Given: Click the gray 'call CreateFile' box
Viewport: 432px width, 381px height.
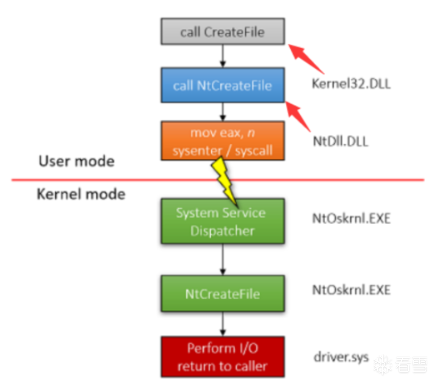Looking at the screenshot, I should point(222,32).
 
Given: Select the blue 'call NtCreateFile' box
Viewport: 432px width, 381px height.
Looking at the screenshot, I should point(222,85).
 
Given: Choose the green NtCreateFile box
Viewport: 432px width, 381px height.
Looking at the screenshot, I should point(222,294).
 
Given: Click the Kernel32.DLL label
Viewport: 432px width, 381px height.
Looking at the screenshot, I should point(351,84).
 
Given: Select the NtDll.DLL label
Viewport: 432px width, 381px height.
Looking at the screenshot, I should point(341,141).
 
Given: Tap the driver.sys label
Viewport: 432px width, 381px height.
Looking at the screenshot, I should point(341,357).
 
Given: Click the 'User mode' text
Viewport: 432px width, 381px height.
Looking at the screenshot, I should point(76,161).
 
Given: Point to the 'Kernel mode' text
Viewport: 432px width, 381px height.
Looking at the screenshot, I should point(81,194).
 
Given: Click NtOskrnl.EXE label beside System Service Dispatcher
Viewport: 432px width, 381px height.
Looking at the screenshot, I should point(351,219).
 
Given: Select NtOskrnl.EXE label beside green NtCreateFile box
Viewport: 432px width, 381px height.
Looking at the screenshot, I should point(351,290).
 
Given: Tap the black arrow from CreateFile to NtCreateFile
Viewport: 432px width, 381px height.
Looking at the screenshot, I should point(222,56).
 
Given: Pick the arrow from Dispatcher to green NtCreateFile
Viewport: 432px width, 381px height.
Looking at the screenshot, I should point(222,260).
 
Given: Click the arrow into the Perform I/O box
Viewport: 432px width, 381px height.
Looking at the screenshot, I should point(222,324).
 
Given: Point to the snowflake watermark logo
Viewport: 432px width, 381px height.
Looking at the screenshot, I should point(382,365).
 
